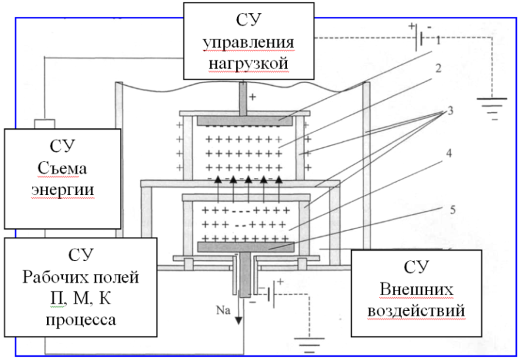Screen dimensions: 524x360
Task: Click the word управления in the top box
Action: coord(248,43)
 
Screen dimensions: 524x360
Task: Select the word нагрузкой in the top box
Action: coord(248,63)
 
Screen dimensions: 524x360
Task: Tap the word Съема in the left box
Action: coord(62,168)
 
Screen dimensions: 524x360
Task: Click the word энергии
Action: coord(63,190)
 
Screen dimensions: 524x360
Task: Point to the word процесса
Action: coord(81,320)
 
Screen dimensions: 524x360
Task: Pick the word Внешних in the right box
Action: coord(417,289)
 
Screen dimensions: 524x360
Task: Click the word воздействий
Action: coord(417,311)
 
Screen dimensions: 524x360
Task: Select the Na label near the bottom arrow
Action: coord(223,310)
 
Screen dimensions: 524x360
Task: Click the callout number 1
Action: coord(438,41)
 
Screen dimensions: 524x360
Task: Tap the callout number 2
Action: coord(438,68)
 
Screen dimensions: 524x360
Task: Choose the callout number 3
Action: coord(450,111)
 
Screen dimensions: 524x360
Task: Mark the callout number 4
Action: coord(449,153)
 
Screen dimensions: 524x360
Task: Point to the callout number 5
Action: coord(453,209)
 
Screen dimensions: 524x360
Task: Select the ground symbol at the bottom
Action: coord(309,345)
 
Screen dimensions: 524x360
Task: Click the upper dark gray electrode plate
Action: coord(244,121)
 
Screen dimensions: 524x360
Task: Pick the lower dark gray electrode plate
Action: coord(246,247)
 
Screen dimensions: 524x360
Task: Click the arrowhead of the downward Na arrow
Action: coord(238,321)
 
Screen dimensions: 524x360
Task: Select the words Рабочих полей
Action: coord(81,278)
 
